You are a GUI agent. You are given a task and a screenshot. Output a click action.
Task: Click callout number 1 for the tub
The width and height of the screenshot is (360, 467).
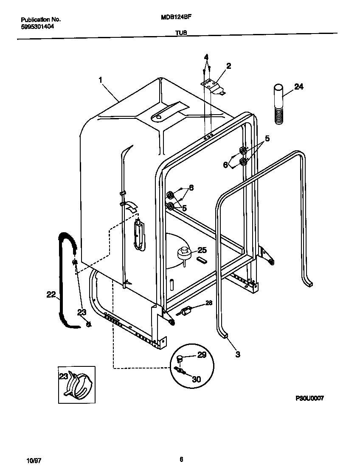pyautogui.click(x=101, y=79)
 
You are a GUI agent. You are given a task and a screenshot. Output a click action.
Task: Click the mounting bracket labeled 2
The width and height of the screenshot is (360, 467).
pyautogui.click(x=214, y=86)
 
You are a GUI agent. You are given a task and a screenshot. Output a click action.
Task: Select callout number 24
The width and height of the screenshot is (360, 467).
pyautogui.click(x=299, y=87)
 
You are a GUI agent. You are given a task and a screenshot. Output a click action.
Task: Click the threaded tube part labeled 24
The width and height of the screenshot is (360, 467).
pyautogui.click(x=278, y=104)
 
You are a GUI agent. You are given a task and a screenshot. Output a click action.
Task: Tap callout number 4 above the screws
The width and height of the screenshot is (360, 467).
pyautogui.click(x=206, y=57)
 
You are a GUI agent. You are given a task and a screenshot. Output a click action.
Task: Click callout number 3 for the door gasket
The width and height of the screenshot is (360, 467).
pyautogui.click(x=237, y=354)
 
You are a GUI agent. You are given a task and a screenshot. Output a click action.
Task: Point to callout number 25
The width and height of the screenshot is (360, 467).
pyautogui.click(x=202, y=250)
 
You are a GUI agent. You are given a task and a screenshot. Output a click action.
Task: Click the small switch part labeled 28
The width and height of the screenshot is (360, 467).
pyautogui.click(x=185, y=312)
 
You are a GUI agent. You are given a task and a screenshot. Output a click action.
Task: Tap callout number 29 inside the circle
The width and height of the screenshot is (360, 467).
pyautogui.click(x=202, y=354)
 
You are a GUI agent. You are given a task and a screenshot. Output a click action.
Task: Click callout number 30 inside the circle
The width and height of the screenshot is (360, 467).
pyautogui.click(x=196, y=379)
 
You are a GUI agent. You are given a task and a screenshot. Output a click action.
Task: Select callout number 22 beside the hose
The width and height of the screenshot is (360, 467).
pyautogui.click(x=51, y=294)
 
